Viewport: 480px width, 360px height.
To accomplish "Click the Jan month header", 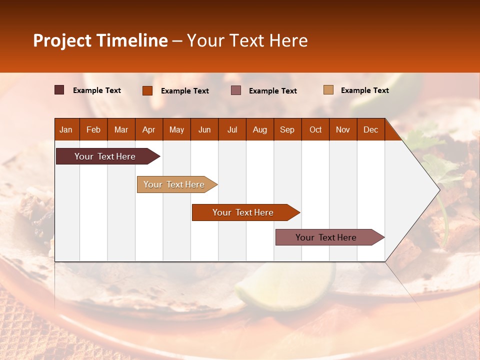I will click(66, 129).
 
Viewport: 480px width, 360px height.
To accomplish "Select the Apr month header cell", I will click(148, 129).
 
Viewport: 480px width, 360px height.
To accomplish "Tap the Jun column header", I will click(204, 129).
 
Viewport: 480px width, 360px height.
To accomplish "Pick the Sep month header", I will click(287, 129).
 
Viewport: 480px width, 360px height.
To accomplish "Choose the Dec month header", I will click(370, 129).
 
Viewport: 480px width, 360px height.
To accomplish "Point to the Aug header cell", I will click(259, 129).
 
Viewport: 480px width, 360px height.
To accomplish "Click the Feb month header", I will click(93, 129).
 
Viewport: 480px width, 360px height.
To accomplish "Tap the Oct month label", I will click(315, 129).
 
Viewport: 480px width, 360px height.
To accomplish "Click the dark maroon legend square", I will click(59, 90).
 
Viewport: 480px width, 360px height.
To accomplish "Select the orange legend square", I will click(147, 90).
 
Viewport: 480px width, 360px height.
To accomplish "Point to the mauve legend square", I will click(236, 90).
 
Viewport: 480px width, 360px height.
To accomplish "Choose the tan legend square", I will click(328, 90).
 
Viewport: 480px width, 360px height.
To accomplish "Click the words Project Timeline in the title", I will click(100, 40).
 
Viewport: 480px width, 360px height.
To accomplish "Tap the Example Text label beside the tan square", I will click(364, 90).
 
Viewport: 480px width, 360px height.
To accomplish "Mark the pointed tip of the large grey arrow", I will click(439, 189).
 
